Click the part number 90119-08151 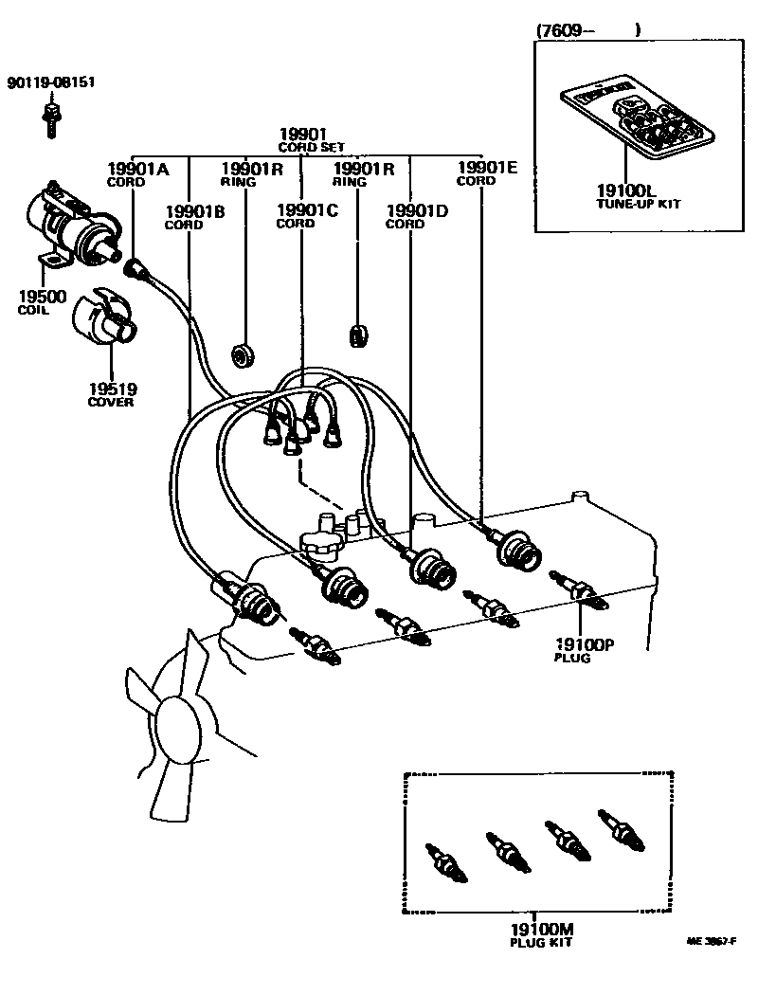52,82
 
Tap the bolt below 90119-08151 49,118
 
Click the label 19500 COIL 42,302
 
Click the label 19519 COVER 112,394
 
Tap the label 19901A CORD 136,174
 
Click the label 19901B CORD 193,217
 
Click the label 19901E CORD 486,172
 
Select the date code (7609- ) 587,30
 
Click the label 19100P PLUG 584,651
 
